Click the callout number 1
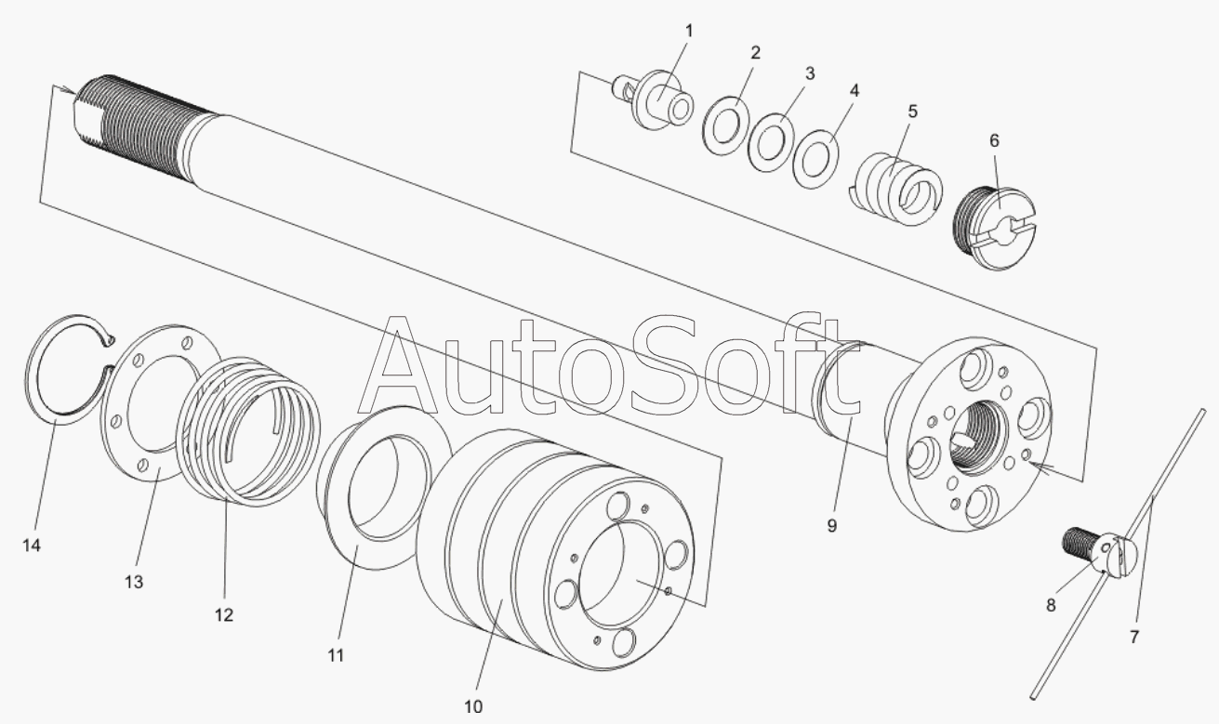(689, 31)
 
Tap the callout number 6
(994, 141)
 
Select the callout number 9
(831, 526)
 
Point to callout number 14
(32, 545)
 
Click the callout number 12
(224, 615)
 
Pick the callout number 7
(1134, 637)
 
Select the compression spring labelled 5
(896, 190)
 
